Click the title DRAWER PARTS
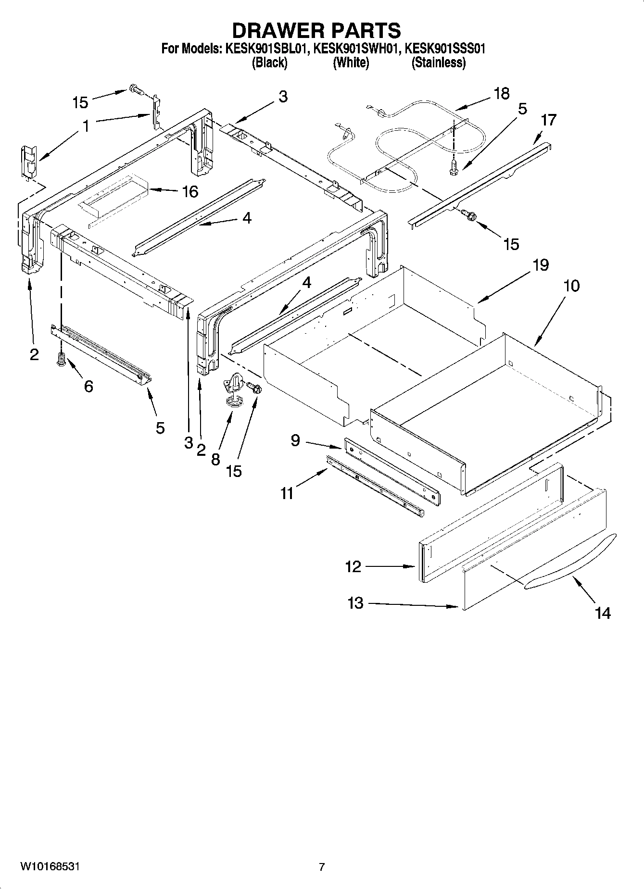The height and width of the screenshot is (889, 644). [316, 30]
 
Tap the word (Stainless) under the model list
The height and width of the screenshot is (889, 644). [438, 63]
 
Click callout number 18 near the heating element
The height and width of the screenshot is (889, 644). [501, 93]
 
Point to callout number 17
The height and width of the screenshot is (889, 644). [548, 120]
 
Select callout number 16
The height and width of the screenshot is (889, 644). [190, 192]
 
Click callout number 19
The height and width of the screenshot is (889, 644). [541, 265]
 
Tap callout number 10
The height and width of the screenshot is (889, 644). [571, 286]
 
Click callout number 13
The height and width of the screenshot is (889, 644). [355, 603]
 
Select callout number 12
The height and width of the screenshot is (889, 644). [353, 566]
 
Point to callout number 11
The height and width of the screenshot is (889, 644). [287, 493]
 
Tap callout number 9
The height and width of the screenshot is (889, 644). [295, 439]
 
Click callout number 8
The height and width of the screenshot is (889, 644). [215, 459]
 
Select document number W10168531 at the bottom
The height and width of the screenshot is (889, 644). [50, 866]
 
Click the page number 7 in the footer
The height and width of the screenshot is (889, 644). [322, 867]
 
